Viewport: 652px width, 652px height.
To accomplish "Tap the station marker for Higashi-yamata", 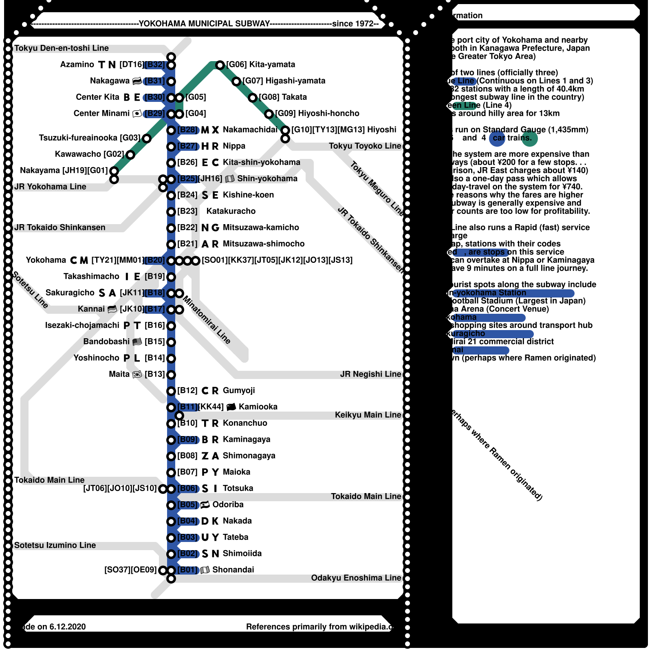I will point(236,81).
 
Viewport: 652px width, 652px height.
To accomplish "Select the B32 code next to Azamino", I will point(155,64).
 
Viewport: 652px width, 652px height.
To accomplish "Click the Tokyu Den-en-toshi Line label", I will point(62,48).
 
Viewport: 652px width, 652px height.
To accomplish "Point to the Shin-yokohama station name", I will point(267,178).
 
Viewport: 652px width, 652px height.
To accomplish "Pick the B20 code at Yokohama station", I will point(155,260).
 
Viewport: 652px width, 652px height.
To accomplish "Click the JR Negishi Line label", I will point(370,374).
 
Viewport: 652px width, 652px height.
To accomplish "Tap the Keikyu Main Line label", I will point(368,415).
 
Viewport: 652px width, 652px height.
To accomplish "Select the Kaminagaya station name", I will point(247,439).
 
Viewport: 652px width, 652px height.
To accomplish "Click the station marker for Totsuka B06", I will point(171,489).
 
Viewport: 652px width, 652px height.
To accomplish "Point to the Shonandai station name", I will point(233,570).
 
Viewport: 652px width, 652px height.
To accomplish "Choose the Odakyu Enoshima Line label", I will point(356,578).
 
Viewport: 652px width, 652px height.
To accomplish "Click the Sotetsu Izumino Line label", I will point(55,545).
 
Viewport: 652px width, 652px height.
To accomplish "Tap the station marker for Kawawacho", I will point(130,155).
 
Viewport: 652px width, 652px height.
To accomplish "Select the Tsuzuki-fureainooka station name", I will point(78,138).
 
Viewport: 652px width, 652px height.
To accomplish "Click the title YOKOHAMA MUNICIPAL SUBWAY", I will point(204,24).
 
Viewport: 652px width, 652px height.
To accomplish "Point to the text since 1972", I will point(353,24).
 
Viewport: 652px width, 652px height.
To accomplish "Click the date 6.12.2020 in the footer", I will point(68,627).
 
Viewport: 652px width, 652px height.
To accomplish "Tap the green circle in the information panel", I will point(530,139).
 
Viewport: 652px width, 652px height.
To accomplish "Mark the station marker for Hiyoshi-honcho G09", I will point(269,114).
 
